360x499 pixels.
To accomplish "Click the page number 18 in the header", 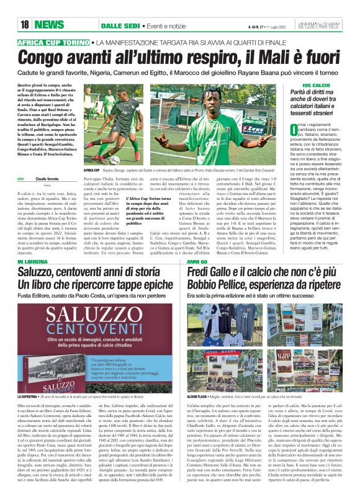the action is [x=25, y=24].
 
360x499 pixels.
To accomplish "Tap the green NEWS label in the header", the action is [x=49, y=24].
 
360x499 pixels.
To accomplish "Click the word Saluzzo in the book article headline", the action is [x=42, y=274].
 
